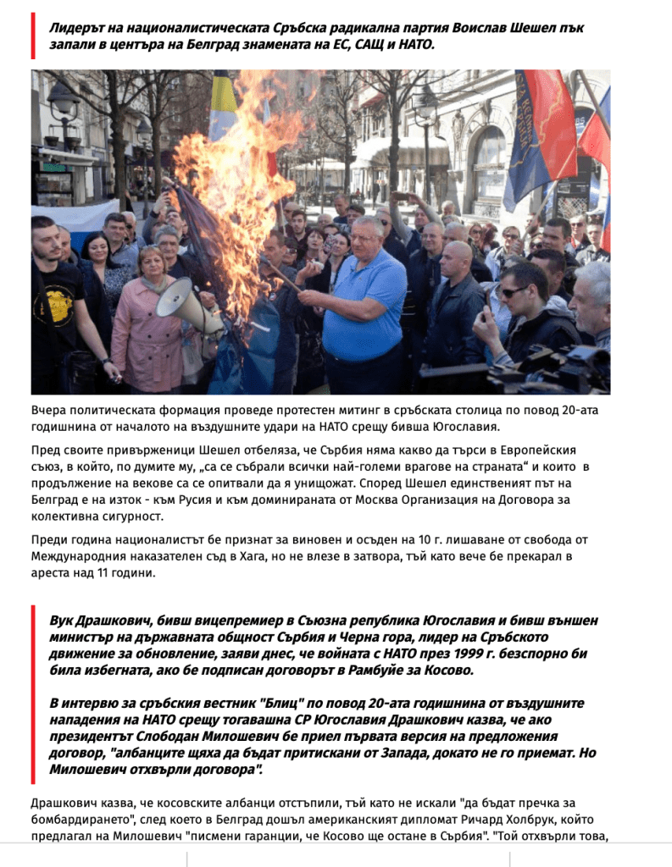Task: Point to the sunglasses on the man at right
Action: [514, 292]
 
